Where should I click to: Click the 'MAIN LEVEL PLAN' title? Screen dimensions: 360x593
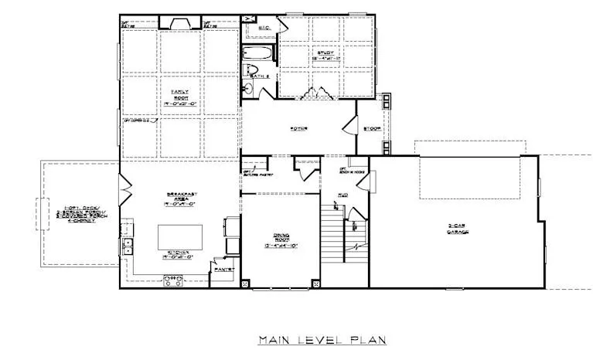click(x=322, y=339)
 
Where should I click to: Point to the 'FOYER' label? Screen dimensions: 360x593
click(x=299, y=128)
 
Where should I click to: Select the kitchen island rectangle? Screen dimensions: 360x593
click(x=180, y=235)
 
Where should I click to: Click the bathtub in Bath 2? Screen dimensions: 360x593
click(x=257, y=54)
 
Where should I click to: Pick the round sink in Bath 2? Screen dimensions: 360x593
click(x=248, y=89)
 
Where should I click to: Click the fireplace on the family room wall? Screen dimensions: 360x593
click(x=179, y=22)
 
